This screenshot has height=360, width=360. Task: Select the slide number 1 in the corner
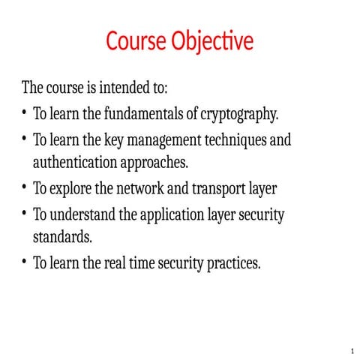(x=351, y=351)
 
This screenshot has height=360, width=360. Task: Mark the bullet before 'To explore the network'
(x=25, y=188)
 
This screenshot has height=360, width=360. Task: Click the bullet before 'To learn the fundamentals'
(x=25, y=114)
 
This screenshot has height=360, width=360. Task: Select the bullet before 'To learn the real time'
(x=25, y=262)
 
